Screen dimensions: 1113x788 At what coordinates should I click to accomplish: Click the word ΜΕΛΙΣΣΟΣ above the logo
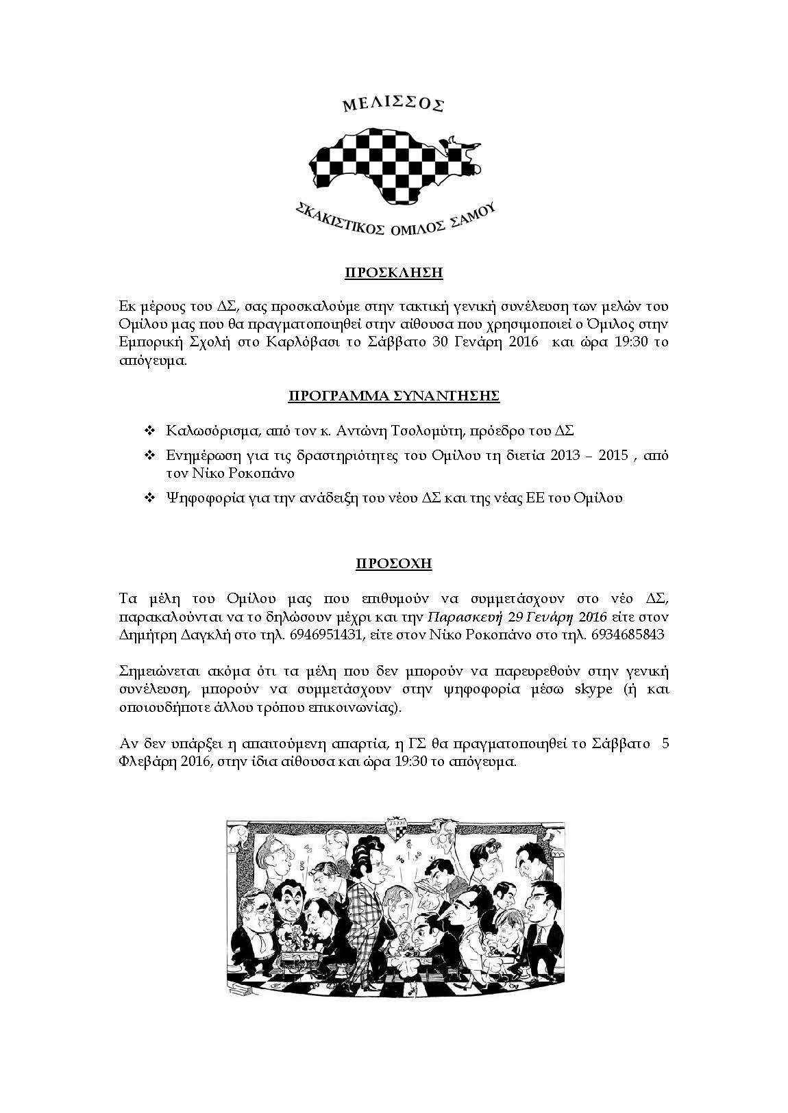tap(393, 104)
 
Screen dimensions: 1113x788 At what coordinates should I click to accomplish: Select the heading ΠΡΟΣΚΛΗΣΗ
tap(393, 273)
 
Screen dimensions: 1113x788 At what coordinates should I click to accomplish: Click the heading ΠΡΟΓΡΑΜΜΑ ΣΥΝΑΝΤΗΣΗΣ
tap(393, 396)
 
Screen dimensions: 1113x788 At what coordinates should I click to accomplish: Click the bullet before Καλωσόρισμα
tap(150, 431)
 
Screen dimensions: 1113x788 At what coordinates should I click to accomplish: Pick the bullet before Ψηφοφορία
tap(150, 498)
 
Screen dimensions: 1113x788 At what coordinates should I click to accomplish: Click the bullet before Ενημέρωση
tap(150, 456)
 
